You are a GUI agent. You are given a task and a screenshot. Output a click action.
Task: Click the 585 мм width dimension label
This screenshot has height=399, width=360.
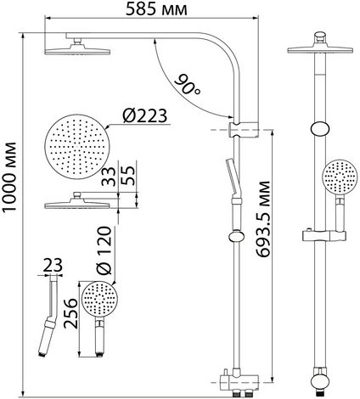tap(156, 9)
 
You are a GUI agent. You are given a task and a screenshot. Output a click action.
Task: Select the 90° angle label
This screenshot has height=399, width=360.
tap(188, 85)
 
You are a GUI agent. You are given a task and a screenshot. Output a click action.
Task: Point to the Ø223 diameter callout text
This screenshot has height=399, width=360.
tap(145, 116)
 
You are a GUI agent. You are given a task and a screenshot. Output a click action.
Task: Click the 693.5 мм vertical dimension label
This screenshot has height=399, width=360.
tap(263, 219)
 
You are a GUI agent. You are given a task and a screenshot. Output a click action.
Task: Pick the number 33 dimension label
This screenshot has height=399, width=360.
tap(109, 177)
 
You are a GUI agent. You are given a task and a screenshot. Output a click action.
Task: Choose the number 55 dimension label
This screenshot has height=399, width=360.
tap(128, 176)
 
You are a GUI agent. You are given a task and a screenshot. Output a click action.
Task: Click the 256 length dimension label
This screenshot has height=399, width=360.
tap(70, 313)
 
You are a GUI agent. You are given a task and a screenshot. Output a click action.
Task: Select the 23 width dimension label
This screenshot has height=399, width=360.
tap(53, 266)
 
